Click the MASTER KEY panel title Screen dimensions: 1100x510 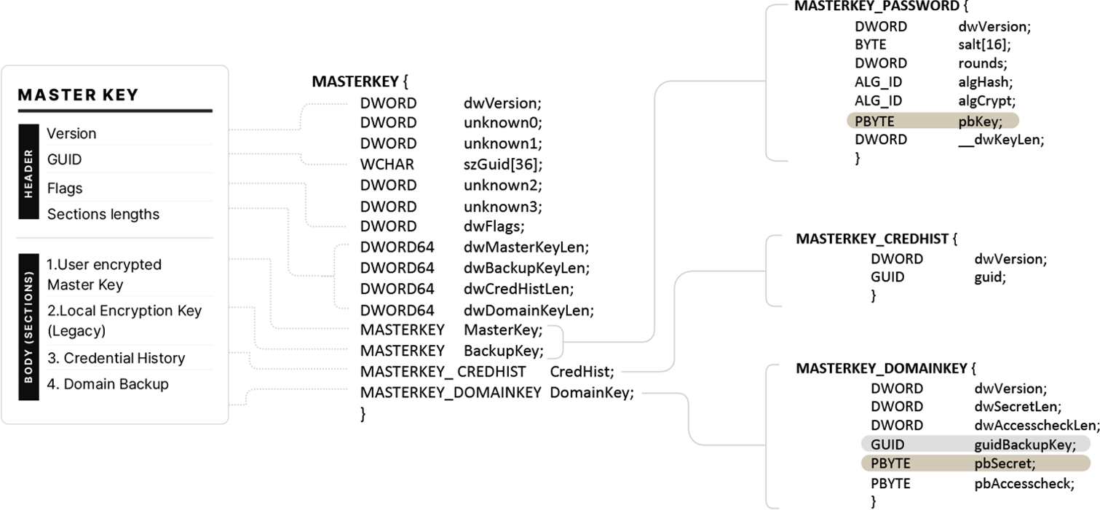78,95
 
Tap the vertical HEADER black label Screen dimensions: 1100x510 28,171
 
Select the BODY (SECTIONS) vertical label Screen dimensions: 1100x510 28,327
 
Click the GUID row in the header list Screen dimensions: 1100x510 64,159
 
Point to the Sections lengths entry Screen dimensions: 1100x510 103,215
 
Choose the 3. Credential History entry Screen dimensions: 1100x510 116,359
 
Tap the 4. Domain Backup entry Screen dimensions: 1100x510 108,384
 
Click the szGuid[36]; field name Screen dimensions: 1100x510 503,164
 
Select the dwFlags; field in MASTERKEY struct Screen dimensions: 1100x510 494,226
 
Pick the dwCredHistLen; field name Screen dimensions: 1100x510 518,289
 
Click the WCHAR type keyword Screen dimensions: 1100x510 387,164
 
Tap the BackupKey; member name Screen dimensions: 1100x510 504,351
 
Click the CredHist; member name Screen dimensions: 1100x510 582,372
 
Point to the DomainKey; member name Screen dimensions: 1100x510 592,393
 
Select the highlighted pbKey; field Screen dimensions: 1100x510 981,121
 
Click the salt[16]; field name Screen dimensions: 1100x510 984,44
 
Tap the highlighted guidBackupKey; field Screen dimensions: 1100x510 1025,445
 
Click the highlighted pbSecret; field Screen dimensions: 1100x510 1005,464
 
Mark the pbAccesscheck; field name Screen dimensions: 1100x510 1024,484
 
